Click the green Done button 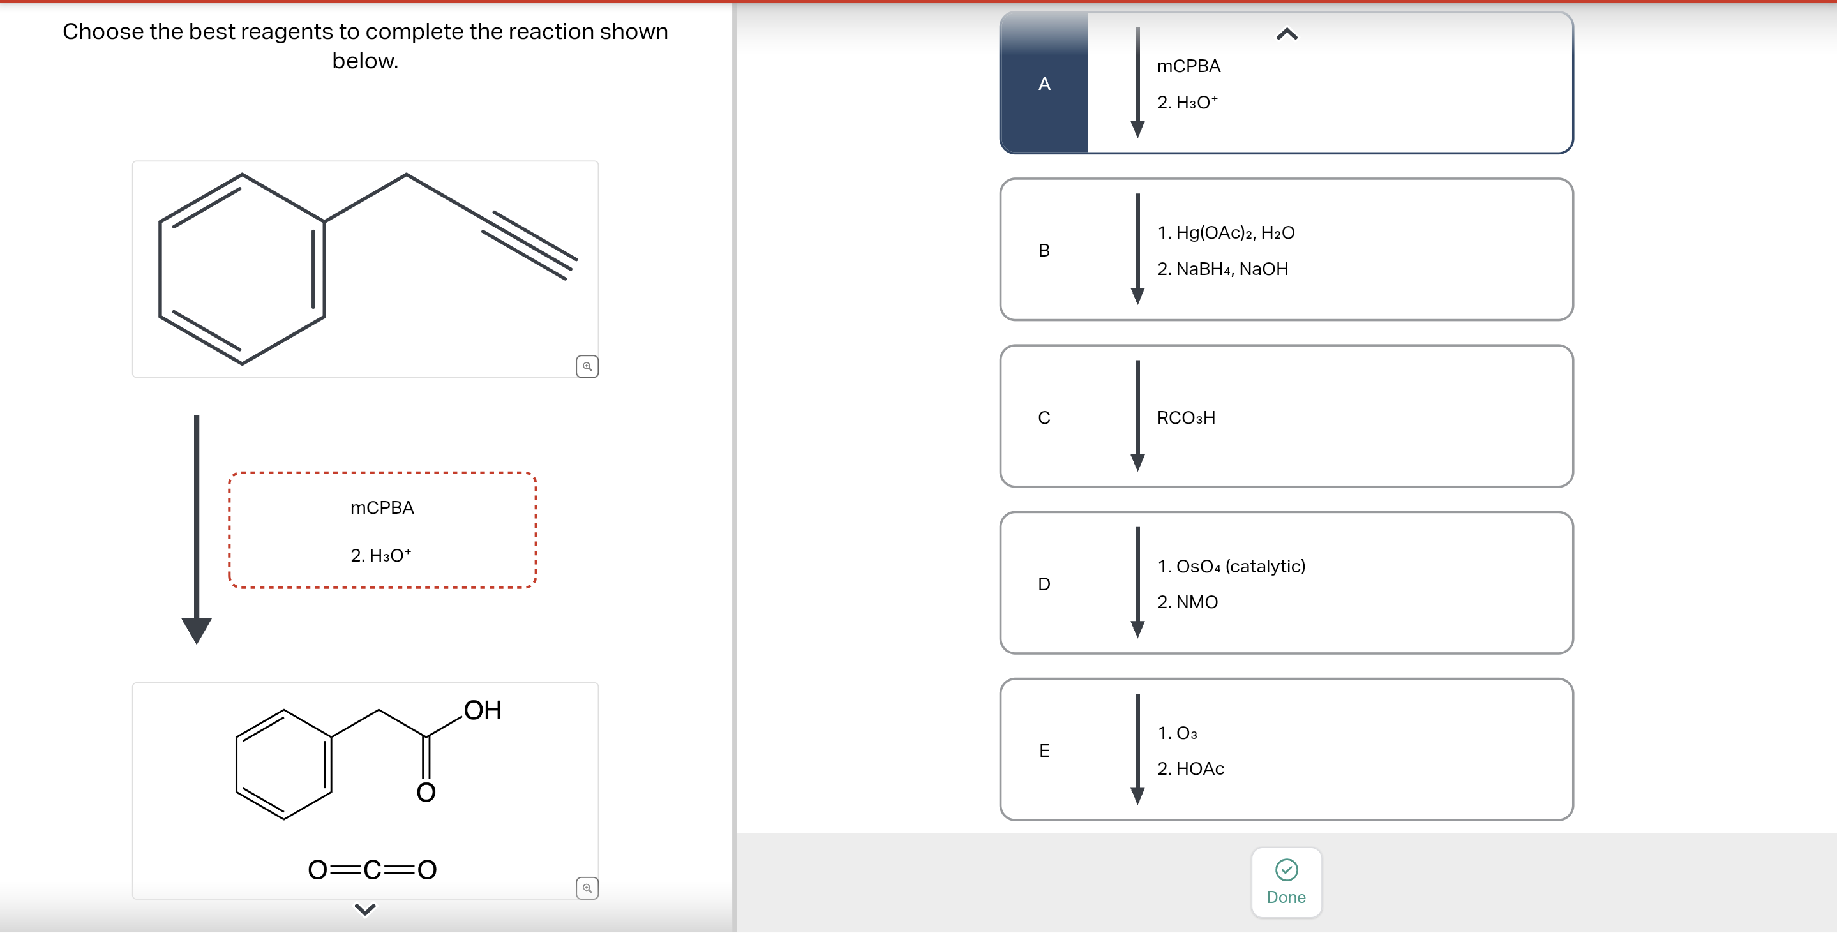pos(1286,882)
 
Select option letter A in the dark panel pos(1044,84)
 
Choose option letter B pos(1044,250)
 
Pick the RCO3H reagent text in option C pos(1186,417)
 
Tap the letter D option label pos(1044,584)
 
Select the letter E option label pos(1044,750)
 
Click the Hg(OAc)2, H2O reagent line pos(1226,232)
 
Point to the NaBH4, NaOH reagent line pos(1222,269)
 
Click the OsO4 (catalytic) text pos(1231,566)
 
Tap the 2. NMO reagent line pos(1187,602)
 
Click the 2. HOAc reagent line pos(1190,768)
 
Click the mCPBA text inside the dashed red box pos(382,507)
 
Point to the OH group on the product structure pos(483,710)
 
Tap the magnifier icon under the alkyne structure pos(587,366)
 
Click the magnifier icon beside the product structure pos(587,888)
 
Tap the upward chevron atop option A pos(1286,34)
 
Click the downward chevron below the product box pos(365,909)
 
